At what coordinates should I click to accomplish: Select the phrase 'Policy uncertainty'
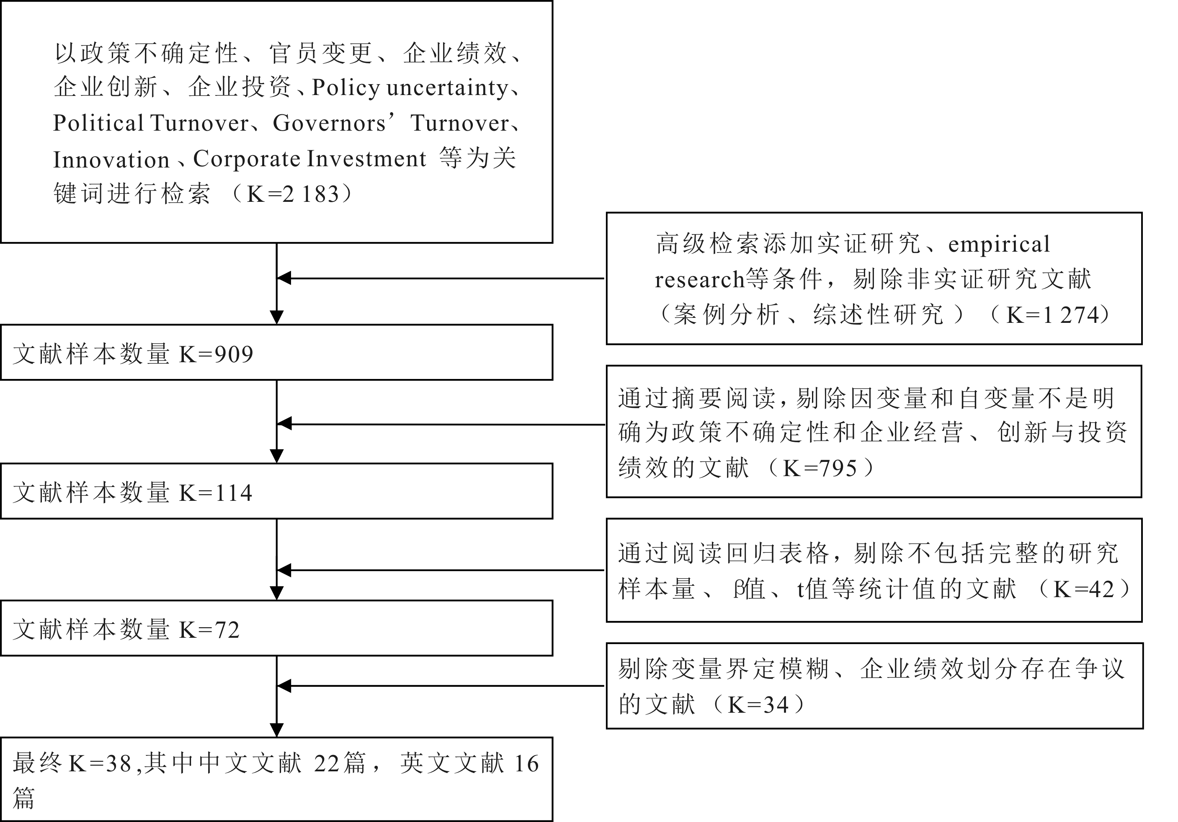(x=410, y=88)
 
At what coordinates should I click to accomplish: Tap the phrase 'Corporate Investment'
(x=309, y=159)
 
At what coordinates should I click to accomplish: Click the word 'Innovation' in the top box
(x=111, y=160)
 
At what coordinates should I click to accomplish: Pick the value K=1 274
(x=1052, y=315)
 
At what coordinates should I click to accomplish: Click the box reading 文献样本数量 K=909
(x=276, y=353)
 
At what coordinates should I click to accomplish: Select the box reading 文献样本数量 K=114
(x=276, y=491)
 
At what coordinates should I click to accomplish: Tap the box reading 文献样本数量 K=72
(x=276, y=628)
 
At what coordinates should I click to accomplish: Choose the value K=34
(x=758, y=705)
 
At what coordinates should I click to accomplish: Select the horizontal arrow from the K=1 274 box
(x=441, y=278)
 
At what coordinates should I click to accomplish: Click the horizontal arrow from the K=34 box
(x=441, y=685)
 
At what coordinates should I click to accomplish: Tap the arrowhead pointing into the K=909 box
(x=276, y=317)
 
